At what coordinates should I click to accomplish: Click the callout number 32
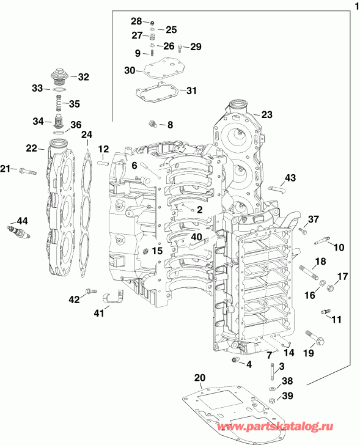[83, 77]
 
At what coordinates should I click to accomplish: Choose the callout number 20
[200, 377]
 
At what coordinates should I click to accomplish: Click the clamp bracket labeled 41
[113, 296]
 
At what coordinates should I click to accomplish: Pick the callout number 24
[87, 134]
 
